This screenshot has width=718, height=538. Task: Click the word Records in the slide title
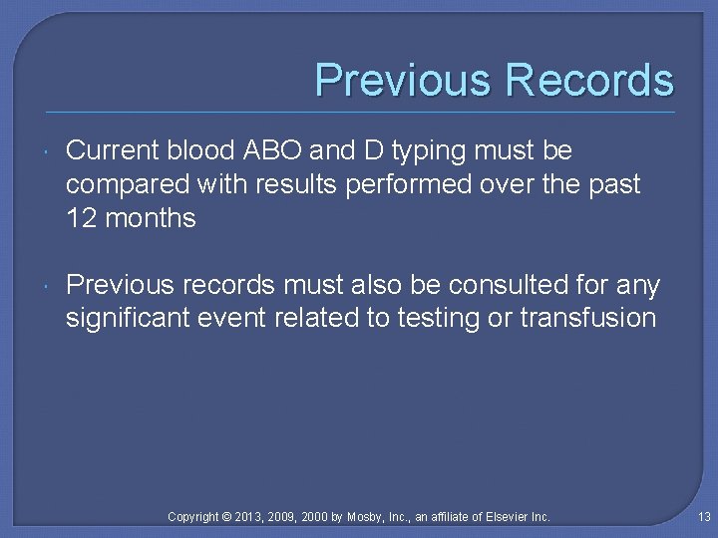589,81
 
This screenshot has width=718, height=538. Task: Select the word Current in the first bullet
113,150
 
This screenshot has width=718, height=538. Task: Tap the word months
150,218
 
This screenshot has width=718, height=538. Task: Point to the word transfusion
588,319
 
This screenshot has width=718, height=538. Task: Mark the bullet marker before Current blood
47,151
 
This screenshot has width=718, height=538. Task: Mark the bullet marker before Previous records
47,287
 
